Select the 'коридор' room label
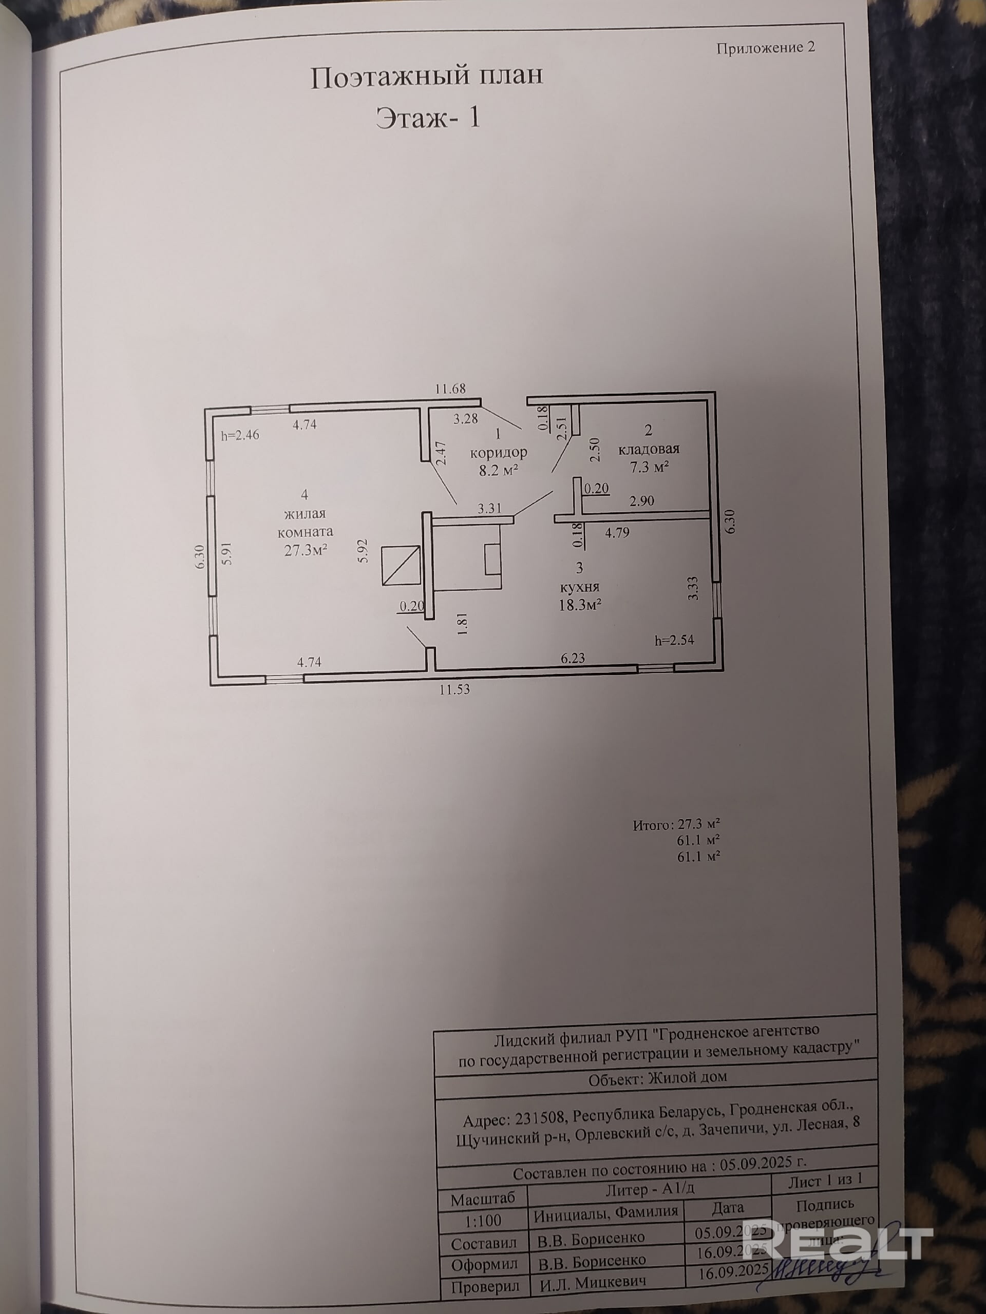[499, 453]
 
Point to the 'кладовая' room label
[649, 449]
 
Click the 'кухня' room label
[579, 587]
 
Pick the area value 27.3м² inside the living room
[307, 550]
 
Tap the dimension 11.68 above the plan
[450, 389]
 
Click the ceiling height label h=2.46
[240, 435]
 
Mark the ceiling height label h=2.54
[674, 641]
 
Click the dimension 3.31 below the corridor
[490, 509]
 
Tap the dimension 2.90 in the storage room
[642, 501]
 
